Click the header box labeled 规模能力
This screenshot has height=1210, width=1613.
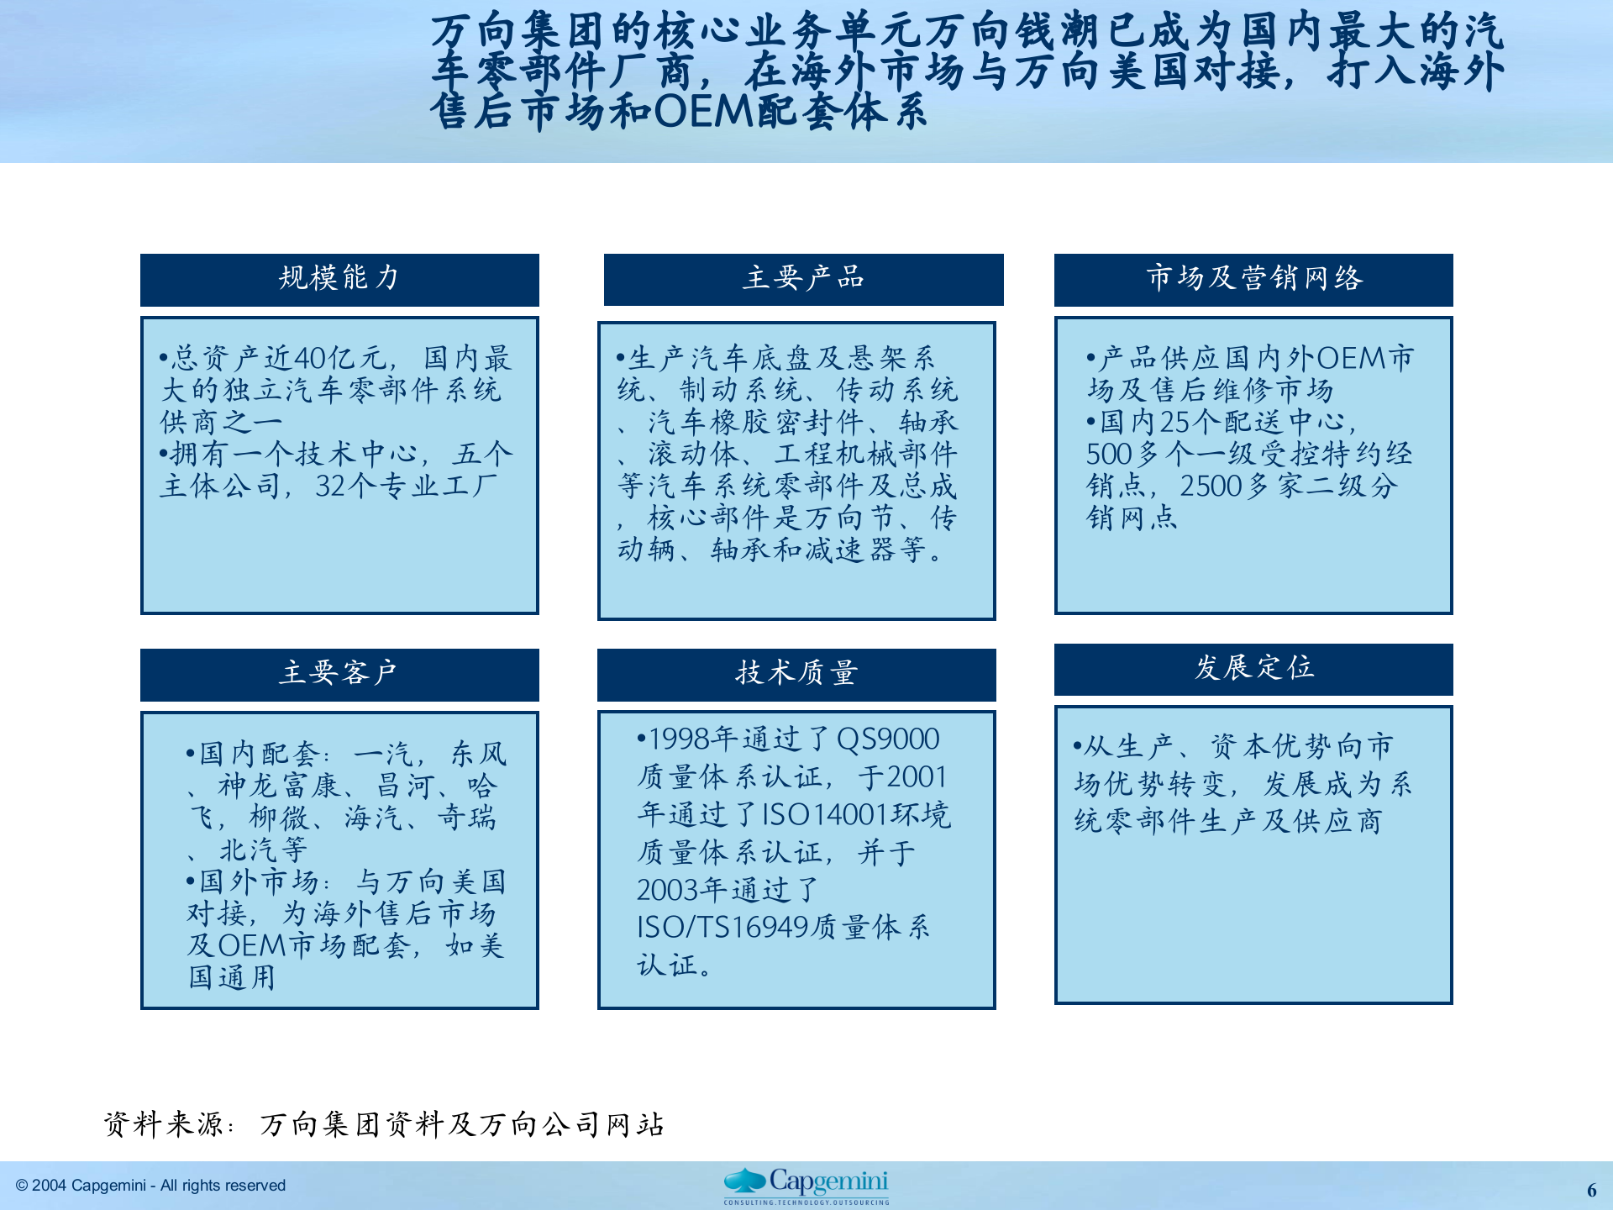click(x=339, y=279)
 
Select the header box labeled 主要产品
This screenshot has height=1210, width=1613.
click(x=803, y=279)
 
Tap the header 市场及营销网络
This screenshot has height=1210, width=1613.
click(x=1253, y=279)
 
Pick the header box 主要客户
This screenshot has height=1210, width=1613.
click(x=339, y=674)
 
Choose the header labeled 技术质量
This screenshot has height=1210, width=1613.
click(x=796, y=674)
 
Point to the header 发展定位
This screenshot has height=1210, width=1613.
click(x=1253, y=669)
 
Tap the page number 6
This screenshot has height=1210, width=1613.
click(x=1591, y=1190)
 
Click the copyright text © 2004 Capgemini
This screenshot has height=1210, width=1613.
click(x=151, y=1186)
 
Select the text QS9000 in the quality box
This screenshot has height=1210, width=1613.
click(x=888, y=739)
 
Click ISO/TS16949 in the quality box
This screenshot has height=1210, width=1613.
click(x=722, y=928)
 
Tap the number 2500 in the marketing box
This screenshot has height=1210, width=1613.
click(x=1211, y=487)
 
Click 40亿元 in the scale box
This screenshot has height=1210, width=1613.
click(x=339, y=359)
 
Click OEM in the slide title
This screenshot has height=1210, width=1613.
click(x=703, y=112)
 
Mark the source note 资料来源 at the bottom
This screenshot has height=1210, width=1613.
click(x=165, y=1124)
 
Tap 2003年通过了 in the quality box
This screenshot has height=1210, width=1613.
click(x=728, y=890)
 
